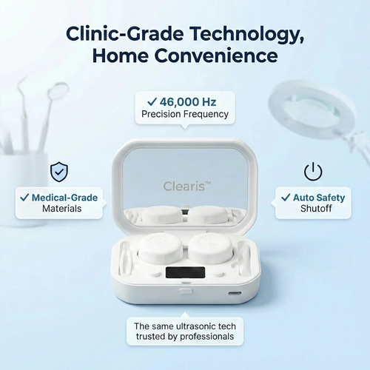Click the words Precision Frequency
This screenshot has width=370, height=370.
[x=185, y=114]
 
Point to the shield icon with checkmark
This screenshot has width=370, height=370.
[x=58, y=172]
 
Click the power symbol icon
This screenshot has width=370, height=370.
[x=313, y=172]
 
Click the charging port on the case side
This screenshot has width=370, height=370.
[x=236, y=293]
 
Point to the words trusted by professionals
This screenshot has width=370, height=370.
[x=185, y=336]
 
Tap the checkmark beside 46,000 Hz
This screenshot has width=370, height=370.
[x=152, y=101]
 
